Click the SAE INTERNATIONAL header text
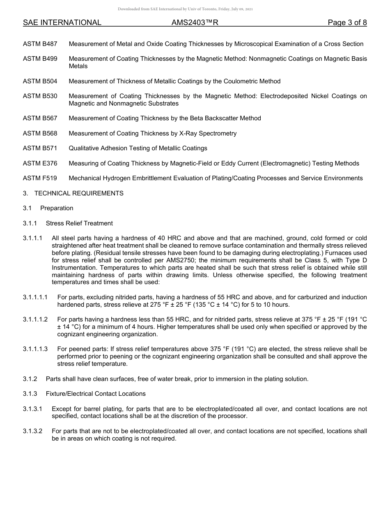pos(62,23)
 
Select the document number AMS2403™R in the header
pos(195,23)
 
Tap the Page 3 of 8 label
pos(347,23)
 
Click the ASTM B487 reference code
pos(40,44)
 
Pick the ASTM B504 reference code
pos(40,81)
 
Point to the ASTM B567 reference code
pos(40,118)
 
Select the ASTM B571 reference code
pos(40,148)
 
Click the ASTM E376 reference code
pos(40,163)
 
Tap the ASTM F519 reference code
pos(40,178)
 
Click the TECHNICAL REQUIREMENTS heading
pos(79,193)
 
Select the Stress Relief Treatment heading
pos(79,223)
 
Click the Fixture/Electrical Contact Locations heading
pos(96,394)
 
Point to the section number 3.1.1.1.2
pos(35,319)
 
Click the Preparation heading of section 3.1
pos(57,208)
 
